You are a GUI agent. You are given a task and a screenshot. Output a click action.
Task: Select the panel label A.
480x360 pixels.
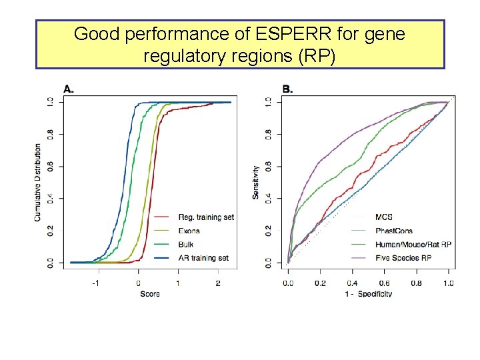pos(69,89)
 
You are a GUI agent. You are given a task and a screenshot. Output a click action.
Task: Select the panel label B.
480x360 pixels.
pos(287,89)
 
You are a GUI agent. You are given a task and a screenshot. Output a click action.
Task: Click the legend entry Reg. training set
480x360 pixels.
pos(206,217)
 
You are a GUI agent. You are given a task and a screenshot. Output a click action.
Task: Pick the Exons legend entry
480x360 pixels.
pos(189,231)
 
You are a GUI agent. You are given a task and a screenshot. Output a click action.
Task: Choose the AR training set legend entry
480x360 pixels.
pos(203,257)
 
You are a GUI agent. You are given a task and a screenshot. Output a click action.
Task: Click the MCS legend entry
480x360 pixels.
pos(383,217)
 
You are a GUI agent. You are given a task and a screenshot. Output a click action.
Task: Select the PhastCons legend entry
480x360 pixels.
pos(394,231)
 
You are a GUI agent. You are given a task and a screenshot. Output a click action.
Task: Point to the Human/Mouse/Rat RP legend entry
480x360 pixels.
pos(413,245)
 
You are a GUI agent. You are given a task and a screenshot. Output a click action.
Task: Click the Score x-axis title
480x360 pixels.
pos(149,293)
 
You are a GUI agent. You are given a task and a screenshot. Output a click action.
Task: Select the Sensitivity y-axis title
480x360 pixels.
pos(256,182)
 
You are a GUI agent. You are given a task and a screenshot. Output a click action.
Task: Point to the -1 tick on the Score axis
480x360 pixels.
pos(96,283)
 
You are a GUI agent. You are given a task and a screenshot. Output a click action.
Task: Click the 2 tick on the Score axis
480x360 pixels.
pos(218,283)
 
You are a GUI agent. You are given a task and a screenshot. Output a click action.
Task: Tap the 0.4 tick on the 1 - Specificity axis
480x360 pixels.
pos(352,283)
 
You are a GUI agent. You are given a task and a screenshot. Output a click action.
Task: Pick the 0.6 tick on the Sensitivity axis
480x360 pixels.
pos(268,166)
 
